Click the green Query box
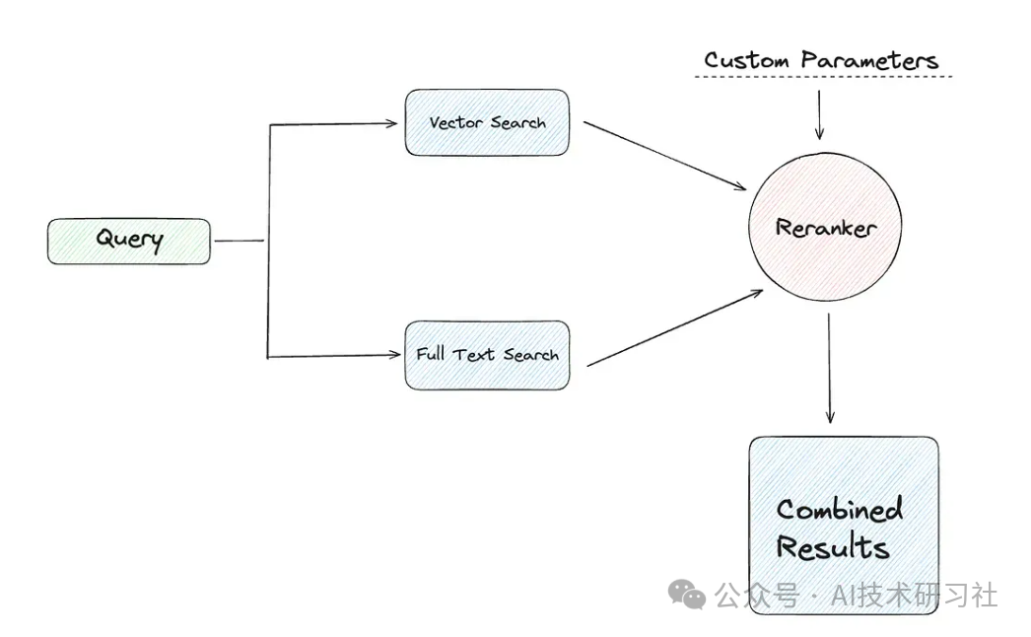(x=129, y=241)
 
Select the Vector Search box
(x=487, y=122)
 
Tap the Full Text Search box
(x=487, y=354)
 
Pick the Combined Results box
(x=843, y=526)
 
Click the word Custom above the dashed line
(x=746, y=60)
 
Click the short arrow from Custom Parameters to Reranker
(x=818, y=113)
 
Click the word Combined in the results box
(x=839, y=510)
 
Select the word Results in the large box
(x=832, y=548)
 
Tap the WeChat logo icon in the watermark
(x=687, y=594)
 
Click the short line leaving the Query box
(x=240, y=240)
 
